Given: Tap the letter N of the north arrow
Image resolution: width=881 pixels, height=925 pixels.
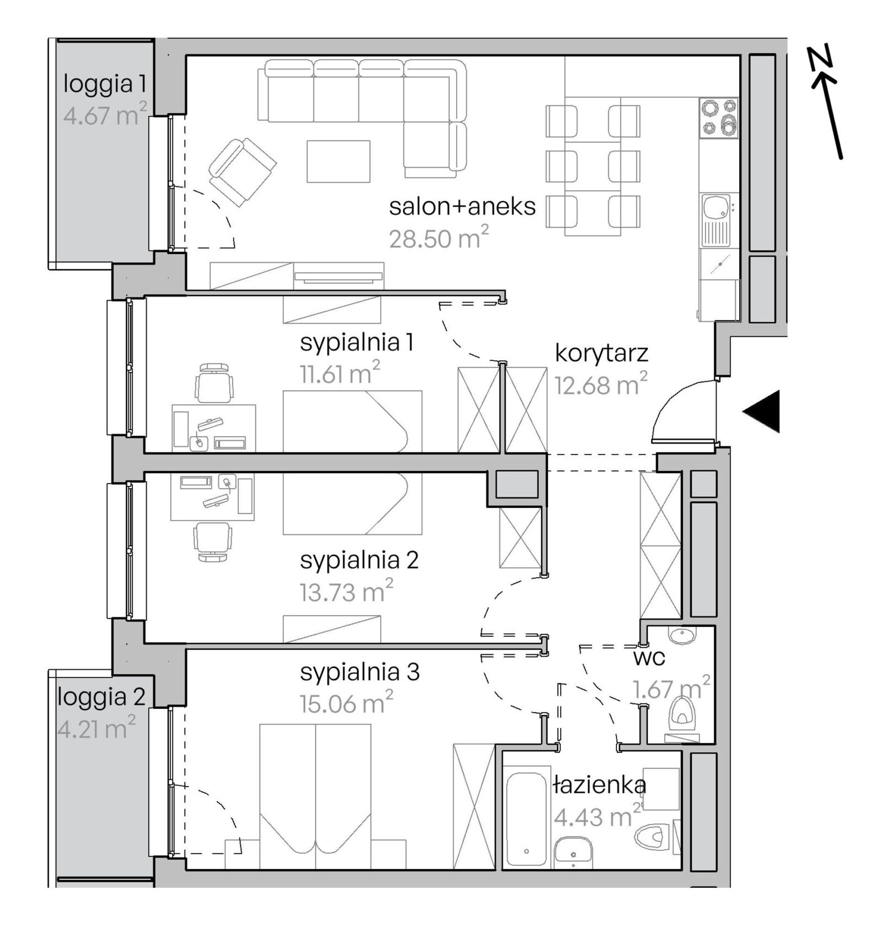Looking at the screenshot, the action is pos(820,58).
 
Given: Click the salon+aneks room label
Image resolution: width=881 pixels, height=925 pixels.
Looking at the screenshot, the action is pos(462,207).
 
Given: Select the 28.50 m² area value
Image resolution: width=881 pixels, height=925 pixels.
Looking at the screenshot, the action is pos(439,237).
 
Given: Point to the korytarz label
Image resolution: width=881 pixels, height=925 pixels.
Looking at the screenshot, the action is pos(601,353).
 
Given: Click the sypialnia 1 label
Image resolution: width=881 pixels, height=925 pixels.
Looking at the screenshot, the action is pos(357,343).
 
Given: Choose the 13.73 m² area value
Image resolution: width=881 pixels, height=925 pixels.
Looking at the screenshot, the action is pos(346,591).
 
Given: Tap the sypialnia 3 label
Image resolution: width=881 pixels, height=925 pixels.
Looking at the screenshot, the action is pos(360,672).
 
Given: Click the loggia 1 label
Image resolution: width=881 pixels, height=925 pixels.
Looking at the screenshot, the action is pos(104,85).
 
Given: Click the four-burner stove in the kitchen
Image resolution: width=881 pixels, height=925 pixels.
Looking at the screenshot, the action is pos(718,117).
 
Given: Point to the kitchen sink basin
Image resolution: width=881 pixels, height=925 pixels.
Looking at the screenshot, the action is pos(715,207).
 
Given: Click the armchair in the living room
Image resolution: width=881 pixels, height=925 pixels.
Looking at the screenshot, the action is pos(243,172).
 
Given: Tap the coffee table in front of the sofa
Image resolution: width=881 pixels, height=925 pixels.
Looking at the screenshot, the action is pos(338,161).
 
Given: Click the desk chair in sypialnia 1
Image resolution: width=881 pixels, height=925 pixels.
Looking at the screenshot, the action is pos(214,382).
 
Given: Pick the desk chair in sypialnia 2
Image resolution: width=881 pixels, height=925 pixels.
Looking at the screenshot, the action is pos(212,542).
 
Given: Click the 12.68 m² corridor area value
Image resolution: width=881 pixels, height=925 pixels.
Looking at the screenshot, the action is pos(601,384).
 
